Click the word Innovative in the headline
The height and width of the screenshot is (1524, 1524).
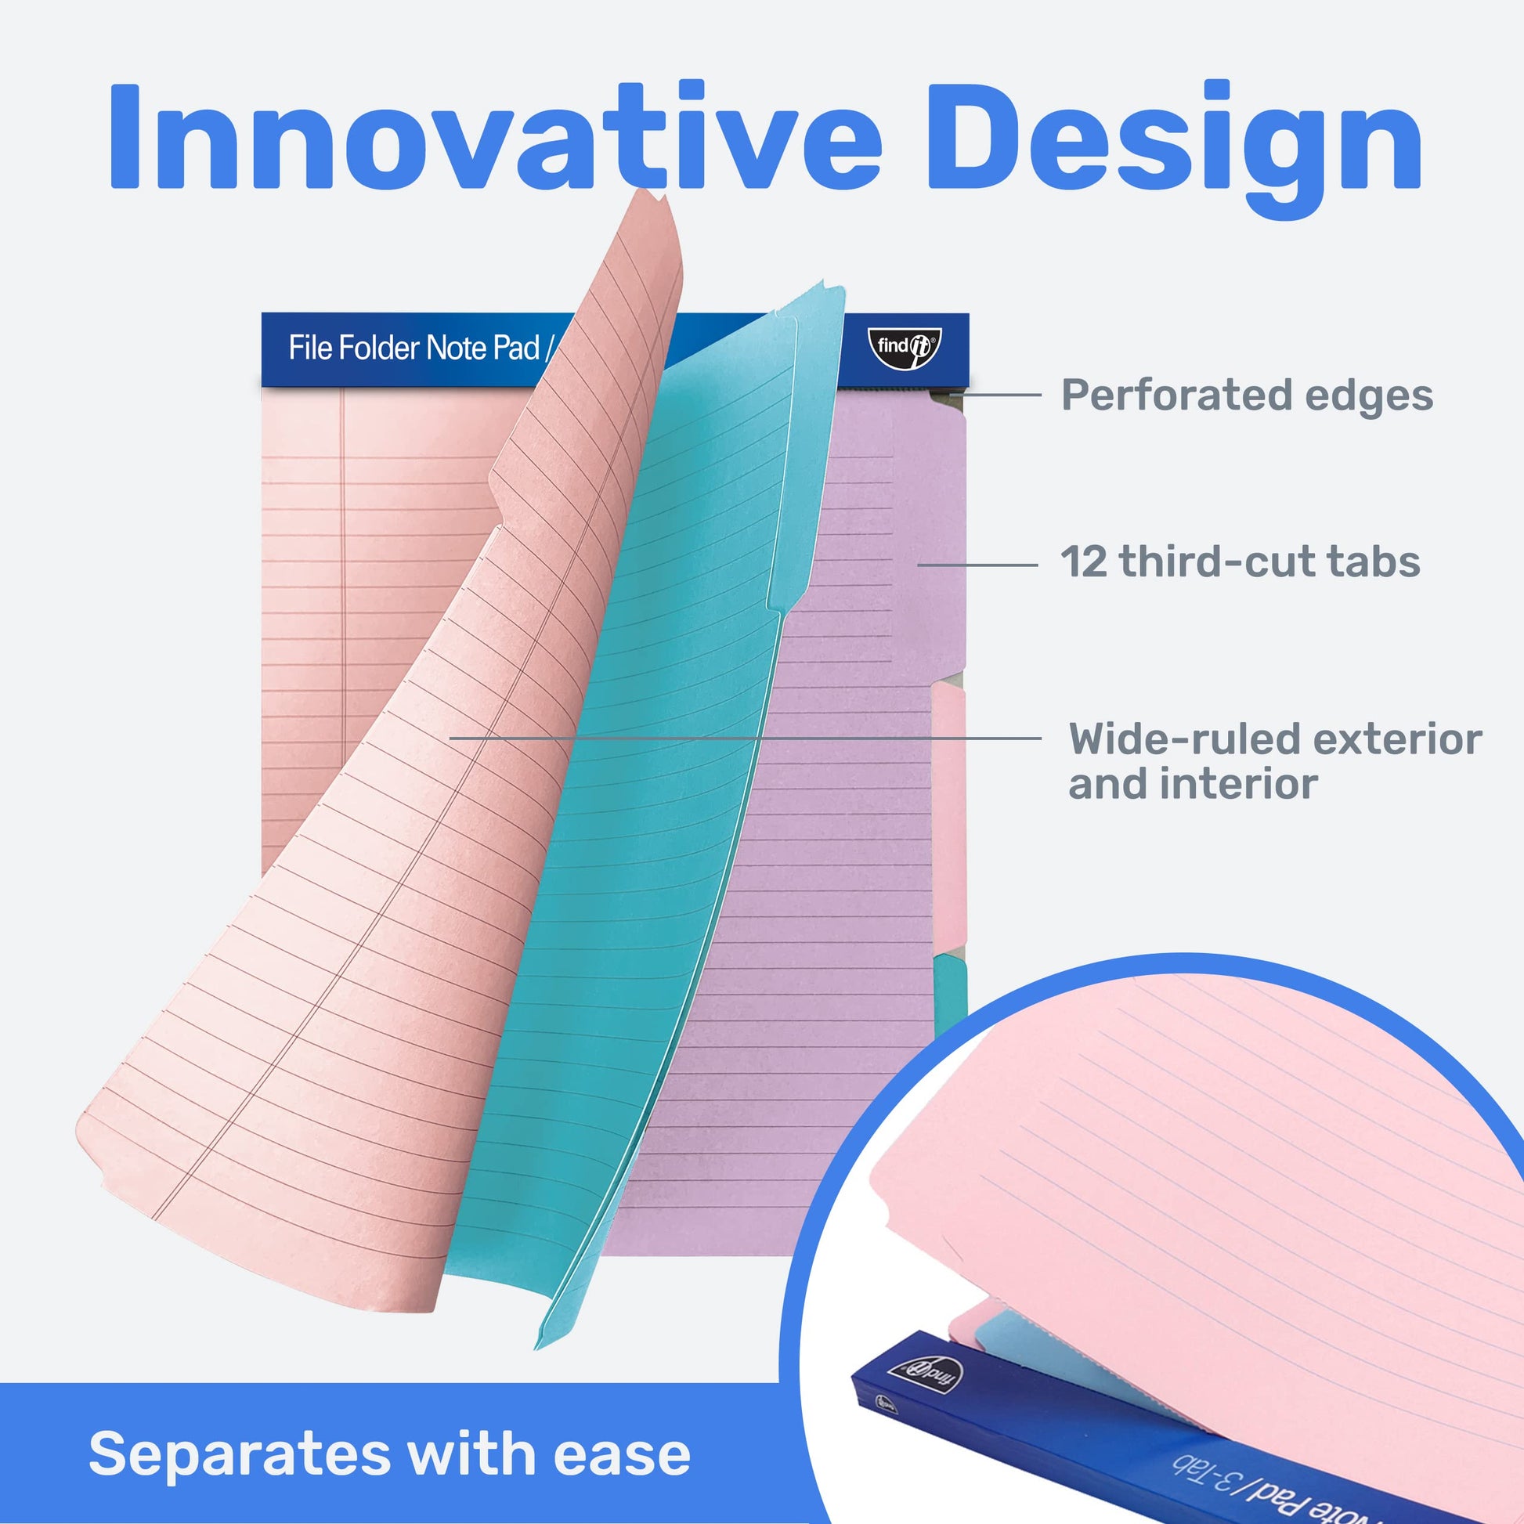coord(494,135)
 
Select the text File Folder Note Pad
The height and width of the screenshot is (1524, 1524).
coord(414,348)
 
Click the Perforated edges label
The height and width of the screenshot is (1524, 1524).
coord(1247,395)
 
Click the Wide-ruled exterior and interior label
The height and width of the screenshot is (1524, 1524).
coord(1275,761)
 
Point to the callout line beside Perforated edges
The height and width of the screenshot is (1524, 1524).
coord(996,395)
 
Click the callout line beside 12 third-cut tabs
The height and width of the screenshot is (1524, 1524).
coord(977,565)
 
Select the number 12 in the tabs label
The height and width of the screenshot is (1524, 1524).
coord(1084,562)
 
